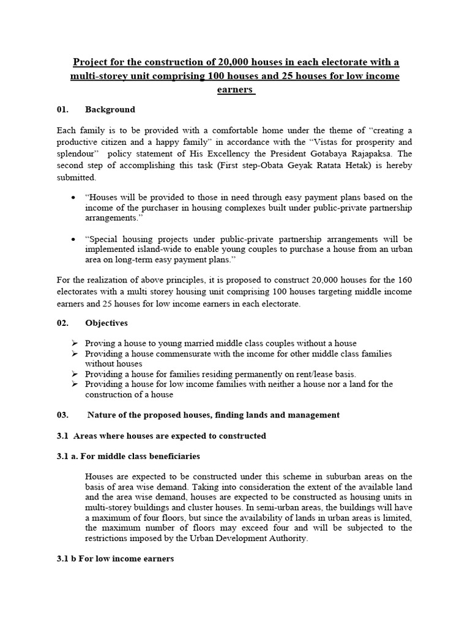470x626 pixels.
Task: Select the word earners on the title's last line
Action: (234, 89)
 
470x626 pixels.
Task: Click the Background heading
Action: (110, 109)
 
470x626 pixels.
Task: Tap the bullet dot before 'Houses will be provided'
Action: (73, 198)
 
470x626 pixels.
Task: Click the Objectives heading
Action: (106, 323)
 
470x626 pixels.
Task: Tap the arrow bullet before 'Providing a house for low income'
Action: (74, 384)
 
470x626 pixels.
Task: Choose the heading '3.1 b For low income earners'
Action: (115, 559)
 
